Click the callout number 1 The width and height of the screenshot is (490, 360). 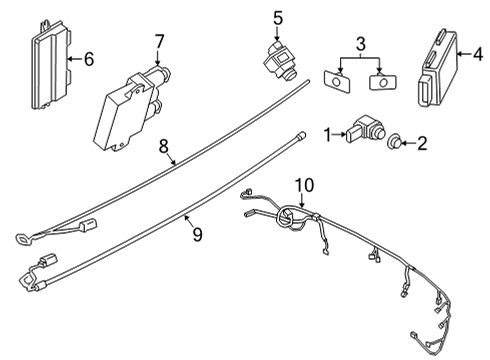[x=327, y=132]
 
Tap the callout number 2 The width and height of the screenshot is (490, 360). [x=422, y=144]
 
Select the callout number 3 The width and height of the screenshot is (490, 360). [x=361, y=43]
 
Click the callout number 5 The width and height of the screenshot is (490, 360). [x=278, y=17]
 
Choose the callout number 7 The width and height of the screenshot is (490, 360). [x=158, y=41]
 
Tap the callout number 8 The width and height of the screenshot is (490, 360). [x=164, y=145]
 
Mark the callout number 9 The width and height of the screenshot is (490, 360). [x=197, y=235]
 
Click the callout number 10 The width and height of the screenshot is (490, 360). [x=303, y=184]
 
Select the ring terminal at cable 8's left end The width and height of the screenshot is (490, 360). [x=22, y=237]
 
